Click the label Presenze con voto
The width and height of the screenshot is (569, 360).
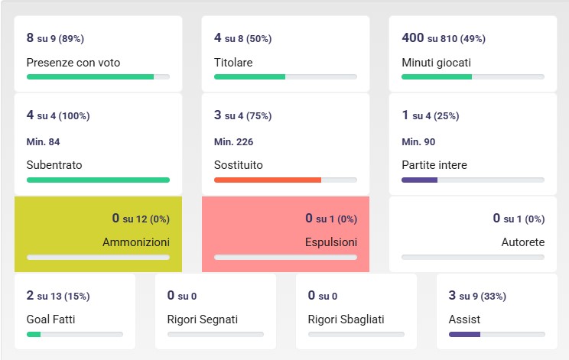tap(73, 63)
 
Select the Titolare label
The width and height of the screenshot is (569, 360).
tap(233, 63)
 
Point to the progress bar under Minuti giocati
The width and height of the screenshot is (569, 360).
tap(473, 77)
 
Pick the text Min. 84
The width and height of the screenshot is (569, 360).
tap(43, 141)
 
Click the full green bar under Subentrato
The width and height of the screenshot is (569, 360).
tap(98, 180)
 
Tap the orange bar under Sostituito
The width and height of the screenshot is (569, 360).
tap(267, 180)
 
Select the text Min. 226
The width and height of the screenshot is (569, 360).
tap(233, 141)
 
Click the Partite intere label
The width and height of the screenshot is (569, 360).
tap(434, 164)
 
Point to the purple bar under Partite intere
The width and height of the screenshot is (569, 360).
tap(419, 180)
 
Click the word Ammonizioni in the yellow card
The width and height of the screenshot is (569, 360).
tap(136, 242)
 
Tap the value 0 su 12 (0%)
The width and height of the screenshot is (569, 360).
tap(141, 219)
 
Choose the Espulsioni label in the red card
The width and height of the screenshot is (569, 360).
tap(330, 242)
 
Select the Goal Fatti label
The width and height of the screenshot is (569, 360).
tap(50, 319)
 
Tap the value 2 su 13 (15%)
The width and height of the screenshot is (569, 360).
tap(57, 296)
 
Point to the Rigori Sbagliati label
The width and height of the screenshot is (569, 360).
tap(346, 319)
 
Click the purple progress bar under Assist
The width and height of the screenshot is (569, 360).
tap(464, 335)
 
